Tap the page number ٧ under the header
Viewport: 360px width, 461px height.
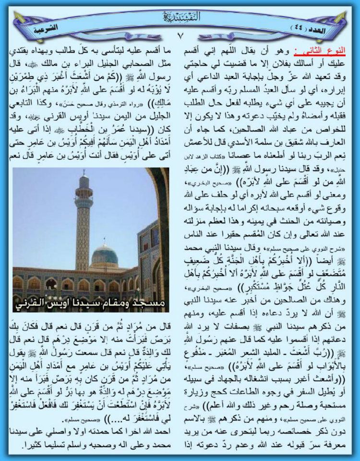(x=180, y=35)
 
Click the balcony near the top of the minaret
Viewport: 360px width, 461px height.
(x=84, y=197)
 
